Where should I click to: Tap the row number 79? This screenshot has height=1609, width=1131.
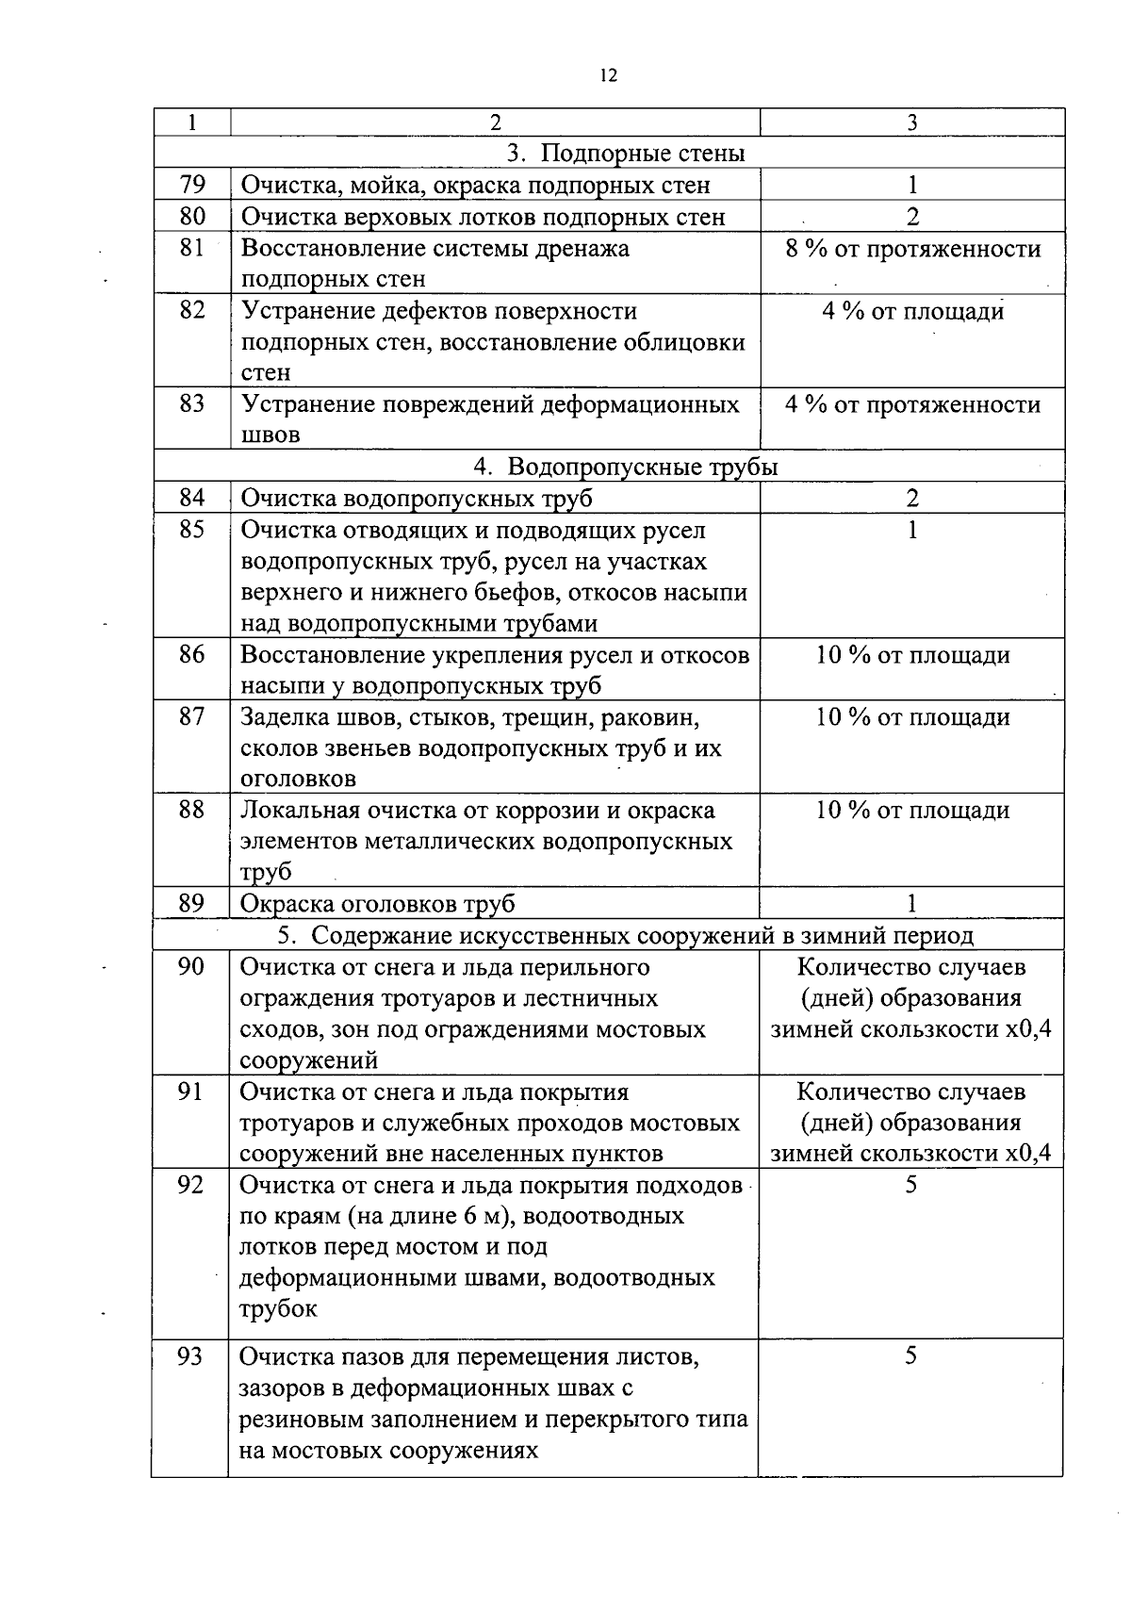pyautogui.click(x=192, y=185)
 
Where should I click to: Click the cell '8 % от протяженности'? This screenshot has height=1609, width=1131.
pyautogui.click(x=912, y=249)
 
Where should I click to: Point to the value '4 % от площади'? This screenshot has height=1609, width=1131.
pyautogui.click(x=912, y=311)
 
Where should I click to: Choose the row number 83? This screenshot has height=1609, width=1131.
pyautogui.click(x=192, y=404)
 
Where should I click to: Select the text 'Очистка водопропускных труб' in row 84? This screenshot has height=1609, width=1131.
pyautogui.click(x=417, y=499)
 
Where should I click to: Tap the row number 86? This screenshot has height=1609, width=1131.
pyautogui.click(x=191, y=654)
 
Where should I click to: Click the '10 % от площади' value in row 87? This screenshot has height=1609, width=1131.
pyautogui.click(x=912, y=717)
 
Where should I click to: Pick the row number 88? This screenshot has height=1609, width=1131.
pyautogui.click(x=191, y=810)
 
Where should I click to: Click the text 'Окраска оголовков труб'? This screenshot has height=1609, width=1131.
pyautogui.click(x=378, y=903)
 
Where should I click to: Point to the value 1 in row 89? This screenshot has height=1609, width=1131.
pyautogui.click(x=911, y=903)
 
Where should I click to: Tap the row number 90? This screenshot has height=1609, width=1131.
pyautogui.click(x=190, y=966)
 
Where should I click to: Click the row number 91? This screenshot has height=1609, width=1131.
pyautogui.click(x=190, y=1092)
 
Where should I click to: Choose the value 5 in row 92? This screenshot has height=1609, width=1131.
pyautogui.click(x=910, y=1185)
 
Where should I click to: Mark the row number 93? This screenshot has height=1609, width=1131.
pyautogui.click(x=190, y=1356)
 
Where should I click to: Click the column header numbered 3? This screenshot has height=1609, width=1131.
pyautogui.click(x=912, y=123)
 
